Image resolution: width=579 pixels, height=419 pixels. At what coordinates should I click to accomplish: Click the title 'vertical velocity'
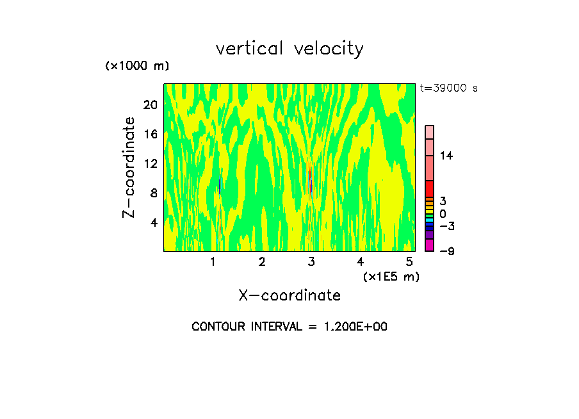click(289, 49)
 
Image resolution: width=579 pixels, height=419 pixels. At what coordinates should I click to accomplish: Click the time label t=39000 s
click(448, 88)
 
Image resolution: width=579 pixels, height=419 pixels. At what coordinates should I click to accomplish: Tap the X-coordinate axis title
click(289, 295)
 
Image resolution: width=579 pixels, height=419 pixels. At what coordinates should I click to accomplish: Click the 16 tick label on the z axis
click(150, 135)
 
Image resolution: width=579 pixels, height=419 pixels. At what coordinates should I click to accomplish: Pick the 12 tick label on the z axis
click(150, 163)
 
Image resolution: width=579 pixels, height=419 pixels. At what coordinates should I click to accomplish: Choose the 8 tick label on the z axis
click(153, 193)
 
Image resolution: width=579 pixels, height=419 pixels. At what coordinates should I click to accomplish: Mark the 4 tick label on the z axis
click(153, 222)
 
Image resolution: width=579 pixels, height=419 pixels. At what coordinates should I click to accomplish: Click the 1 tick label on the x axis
click(213, 261)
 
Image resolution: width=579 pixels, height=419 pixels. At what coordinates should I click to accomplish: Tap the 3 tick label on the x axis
click(311, 261)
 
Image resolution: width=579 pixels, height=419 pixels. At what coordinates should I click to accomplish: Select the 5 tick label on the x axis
click(409, 261)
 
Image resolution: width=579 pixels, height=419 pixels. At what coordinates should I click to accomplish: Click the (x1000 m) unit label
click(137, 66)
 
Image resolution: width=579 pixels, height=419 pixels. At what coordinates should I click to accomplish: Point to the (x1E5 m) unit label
click(391, 276)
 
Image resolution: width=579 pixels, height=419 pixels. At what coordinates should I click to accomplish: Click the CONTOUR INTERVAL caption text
click(289, 326)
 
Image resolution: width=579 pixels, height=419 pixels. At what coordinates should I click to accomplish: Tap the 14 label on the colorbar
click(446, 156)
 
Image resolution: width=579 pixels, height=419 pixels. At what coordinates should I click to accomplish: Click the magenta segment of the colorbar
click(430, 245)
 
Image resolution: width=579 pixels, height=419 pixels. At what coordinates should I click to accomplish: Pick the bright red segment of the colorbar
click(430, 189)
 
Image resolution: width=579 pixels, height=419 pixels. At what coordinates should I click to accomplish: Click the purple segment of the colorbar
click(430, 235)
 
